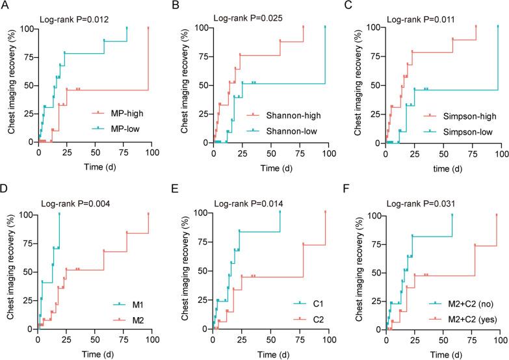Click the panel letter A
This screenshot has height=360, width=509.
[6, 6]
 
